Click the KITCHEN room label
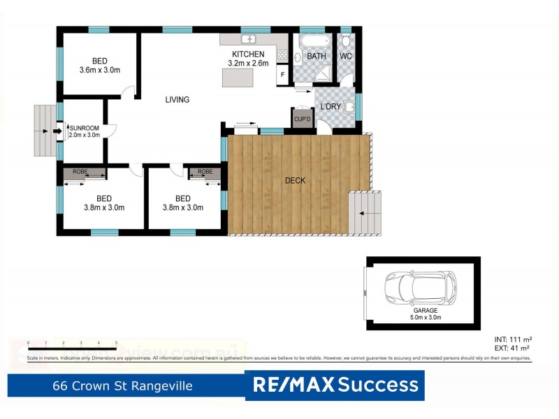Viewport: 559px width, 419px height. pyautogui.click(x=248, y=54)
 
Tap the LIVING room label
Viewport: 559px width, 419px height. pyautogui.click(x=177, y=100)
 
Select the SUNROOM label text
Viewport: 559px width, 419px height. pyautogui.click(x=85, y=128)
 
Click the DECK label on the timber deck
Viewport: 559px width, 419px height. pyautogui.click(x=295, y=181)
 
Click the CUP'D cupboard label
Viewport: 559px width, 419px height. pyautogui.click(x=302, y=119)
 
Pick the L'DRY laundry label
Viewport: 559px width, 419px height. pyautogui.click(x=331, y=106)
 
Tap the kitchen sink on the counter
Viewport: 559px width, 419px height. pyautogui.click(x=250, y=39)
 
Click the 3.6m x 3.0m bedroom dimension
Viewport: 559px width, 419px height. pyautogui.click(x=101, y=70)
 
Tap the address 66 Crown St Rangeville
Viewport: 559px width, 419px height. pyautogui.click(x=122, y=385)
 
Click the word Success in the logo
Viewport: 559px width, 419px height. pyautogui.click(x=378, y=385)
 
